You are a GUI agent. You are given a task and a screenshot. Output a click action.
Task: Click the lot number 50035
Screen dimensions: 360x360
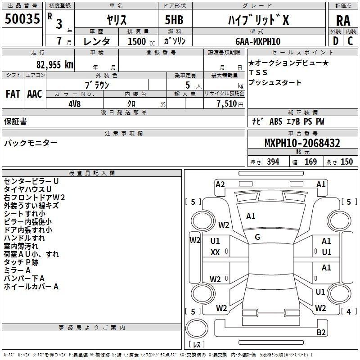tap(22, 19)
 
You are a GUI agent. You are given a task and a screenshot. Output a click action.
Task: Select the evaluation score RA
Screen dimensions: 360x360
tap(343, 21)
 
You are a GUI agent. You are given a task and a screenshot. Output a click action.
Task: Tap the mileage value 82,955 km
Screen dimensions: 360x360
tap(54, 65)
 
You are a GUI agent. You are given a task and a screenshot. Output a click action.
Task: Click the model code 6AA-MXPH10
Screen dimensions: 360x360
tap(258, 41)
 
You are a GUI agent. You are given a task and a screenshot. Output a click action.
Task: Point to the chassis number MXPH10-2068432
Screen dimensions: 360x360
tap(302, 143)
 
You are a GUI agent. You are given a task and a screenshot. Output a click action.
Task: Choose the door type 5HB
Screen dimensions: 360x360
tap(174, 20)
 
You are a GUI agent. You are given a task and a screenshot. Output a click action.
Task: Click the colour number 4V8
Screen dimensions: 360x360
tap(74, 104)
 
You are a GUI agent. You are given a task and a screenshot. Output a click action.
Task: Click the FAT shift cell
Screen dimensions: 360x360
tap(13, 94)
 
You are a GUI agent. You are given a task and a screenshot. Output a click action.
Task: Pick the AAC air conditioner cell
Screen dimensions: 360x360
tap(35, 94)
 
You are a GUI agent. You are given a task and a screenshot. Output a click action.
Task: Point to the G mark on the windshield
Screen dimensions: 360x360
tap(257, 237)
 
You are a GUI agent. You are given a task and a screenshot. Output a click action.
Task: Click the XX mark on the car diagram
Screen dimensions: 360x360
tap(215, 252)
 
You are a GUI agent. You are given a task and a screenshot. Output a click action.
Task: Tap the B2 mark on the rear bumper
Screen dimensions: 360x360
tap(321, 332)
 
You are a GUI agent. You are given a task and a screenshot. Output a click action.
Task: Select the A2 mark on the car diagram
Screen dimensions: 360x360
tap(220, 184)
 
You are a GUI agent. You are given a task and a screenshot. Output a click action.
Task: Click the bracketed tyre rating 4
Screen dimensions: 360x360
tap(349, 311)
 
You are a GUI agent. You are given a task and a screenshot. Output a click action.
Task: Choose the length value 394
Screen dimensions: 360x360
tap(273, 162)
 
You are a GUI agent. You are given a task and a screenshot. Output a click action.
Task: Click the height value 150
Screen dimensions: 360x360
tap(346, 162)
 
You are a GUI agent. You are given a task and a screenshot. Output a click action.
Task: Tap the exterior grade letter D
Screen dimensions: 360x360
tap(336, 41)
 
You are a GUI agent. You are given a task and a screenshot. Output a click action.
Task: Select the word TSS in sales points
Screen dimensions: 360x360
tap(258, 72)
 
